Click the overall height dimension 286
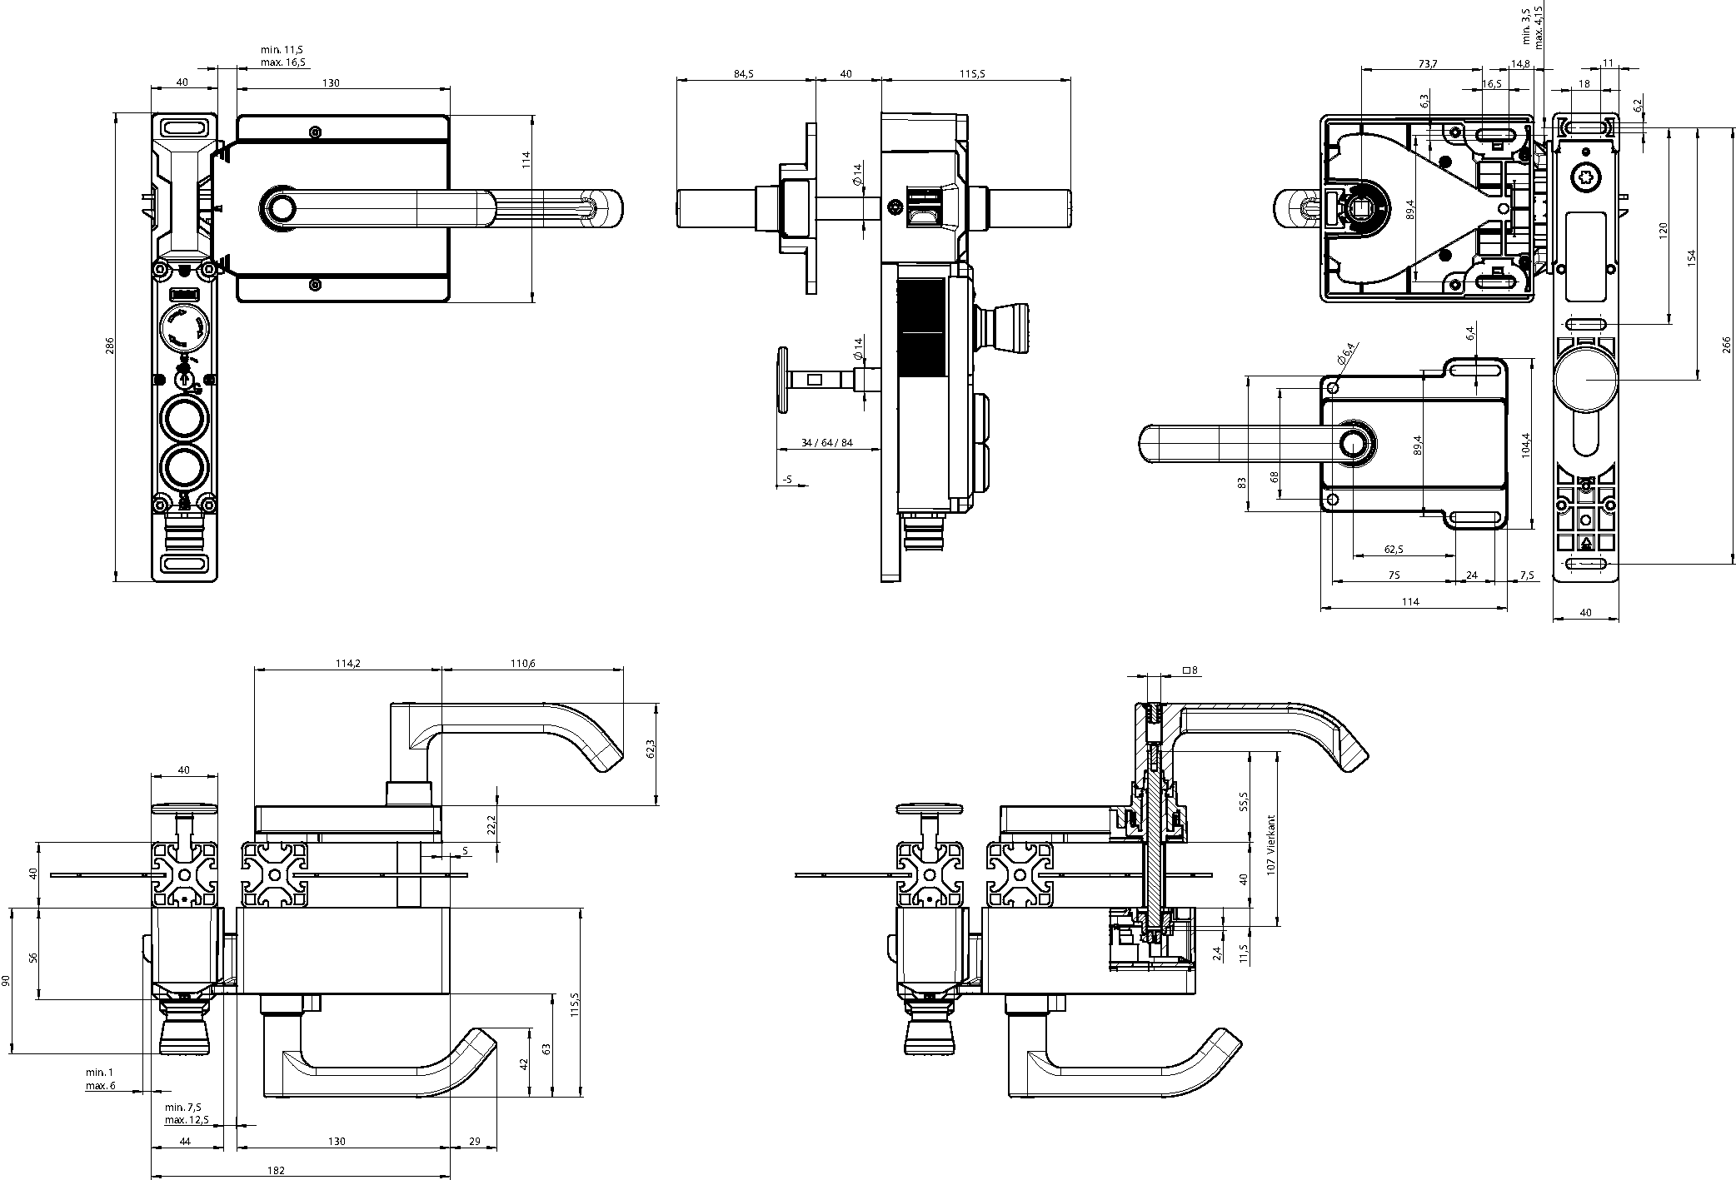[109, 346]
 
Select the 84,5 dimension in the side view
[744, 73]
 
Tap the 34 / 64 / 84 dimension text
[826, 442]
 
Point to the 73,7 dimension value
[1426, 63]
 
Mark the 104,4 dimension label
[1525, 446]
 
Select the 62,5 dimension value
[1393, 549]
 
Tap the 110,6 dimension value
[522, 664]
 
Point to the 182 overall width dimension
[277, 1170]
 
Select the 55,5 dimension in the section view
[1244, 802]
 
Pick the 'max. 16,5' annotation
[282, 62]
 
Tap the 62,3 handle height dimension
[651, 749]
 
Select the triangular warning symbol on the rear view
[1586, 543]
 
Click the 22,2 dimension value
[491, 824]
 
